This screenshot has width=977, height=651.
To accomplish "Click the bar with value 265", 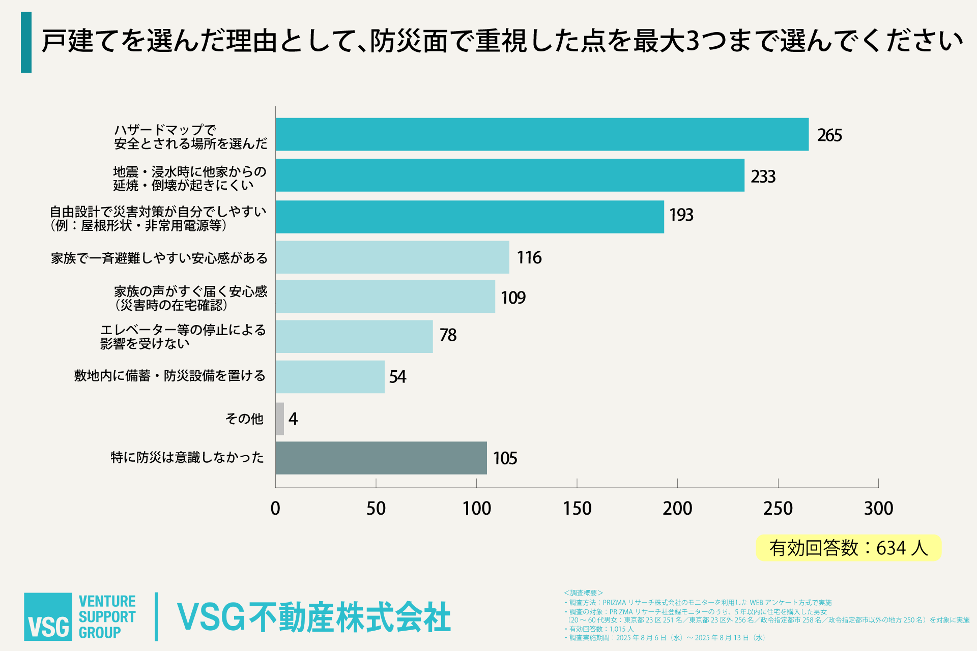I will pyautogui.click(x=542, y=134).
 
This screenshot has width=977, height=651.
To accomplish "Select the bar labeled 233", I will pyautogui.click(x=510, y=175).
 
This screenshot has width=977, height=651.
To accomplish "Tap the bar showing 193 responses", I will pyautogui.click(x=470, y=217).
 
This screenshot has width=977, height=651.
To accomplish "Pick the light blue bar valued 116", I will pyautogui.click(x=392, y=257).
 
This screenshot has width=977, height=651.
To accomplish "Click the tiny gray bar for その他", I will pyautogui.click(x=280, y=419).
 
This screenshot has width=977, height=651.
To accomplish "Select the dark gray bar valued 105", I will pyautogui.click(x=381, y=458).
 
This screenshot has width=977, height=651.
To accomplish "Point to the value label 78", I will pyautogui.click(x=448, y=335).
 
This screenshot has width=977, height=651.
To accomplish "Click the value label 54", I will pyautogui.click(x=397, y=377).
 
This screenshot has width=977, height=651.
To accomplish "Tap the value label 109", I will pyautogui.click(x=513, y=298).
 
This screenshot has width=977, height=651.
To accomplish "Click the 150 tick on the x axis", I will pyautogui.click(x=577, y=508).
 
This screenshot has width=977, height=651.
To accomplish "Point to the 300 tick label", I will pyautogui.click(x=878, y=508).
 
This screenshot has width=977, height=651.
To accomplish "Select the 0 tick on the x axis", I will pyautogui.click(x=275, y=508).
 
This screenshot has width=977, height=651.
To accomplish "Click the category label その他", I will pyautogui.click(x=244, y=419).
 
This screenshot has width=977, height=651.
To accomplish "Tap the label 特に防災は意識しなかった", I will pyautogui.click(x=187, y=458).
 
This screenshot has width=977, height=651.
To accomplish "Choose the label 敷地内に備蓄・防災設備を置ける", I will pyautogui.click(x=169, y=376).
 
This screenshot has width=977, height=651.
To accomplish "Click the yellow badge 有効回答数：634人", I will pyautogui.click(x=848, y=548).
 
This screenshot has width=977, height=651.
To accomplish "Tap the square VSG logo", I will pyautogui.click(x=48, y=616).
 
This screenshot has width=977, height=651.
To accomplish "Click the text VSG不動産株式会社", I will pyautogui.click(x=313, y=617).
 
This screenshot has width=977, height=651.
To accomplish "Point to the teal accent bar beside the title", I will pyautogui.click(x=26, y=42).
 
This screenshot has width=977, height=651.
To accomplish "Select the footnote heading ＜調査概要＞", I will pyautogui.click(x=583, y=593).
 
